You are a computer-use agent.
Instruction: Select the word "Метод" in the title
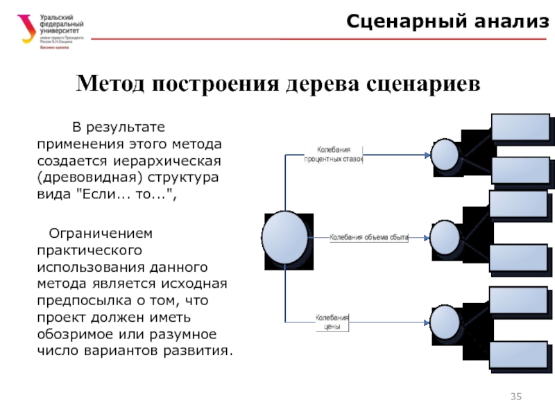pyautogui.click(x=110, y=85)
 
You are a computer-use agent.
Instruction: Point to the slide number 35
pyautogui.click(x=515, y=397)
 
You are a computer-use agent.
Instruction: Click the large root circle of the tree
pyautogui.click(x=285, y=238)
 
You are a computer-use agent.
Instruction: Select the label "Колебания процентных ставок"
pyautogui.click(x=334, y=154)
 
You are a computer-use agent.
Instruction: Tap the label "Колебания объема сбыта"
pyautogui.click(x=368, y=237)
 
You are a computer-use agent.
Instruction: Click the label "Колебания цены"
pyautogui.click(x=332, y=322)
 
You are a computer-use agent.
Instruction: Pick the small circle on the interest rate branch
pyautogui.click(x=445, y=155)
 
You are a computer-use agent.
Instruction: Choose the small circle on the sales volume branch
pyautogui.click(x=445, y=238)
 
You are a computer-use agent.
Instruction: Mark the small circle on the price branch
pyautogui.click(x=445, y=321)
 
